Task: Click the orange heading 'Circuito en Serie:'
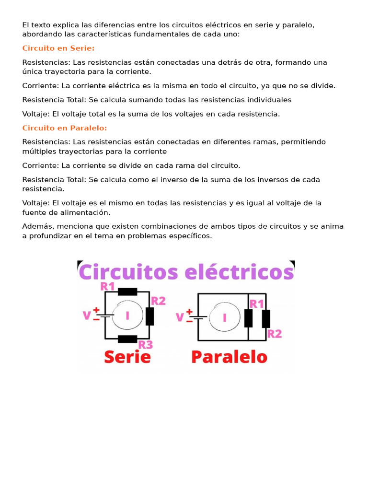(x=58, y=48)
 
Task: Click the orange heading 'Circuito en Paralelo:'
(x=65, y=128)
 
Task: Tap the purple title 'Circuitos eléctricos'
(x=186, y=272)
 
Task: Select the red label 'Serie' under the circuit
(x=127, y=357)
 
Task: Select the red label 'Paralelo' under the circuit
(x=229, y=357)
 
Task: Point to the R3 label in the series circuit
(x=146, y=344)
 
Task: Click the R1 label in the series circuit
(x=107, y=287)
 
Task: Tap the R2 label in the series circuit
(x=158, y=301)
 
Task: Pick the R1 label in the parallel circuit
(x=257, y=304)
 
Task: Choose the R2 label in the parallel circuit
(x=274, y=334)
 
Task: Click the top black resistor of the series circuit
(x=127, y=292)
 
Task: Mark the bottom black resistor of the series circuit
(x=127, y=339)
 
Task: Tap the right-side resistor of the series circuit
(x=149, y=316)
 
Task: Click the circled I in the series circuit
(x=127, y=316)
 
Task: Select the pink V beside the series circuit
(x=87, y=316)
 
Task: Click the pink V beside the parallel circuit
(x=180, y=317)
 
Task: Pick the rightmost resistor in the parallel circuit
(x=266, y=318)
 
